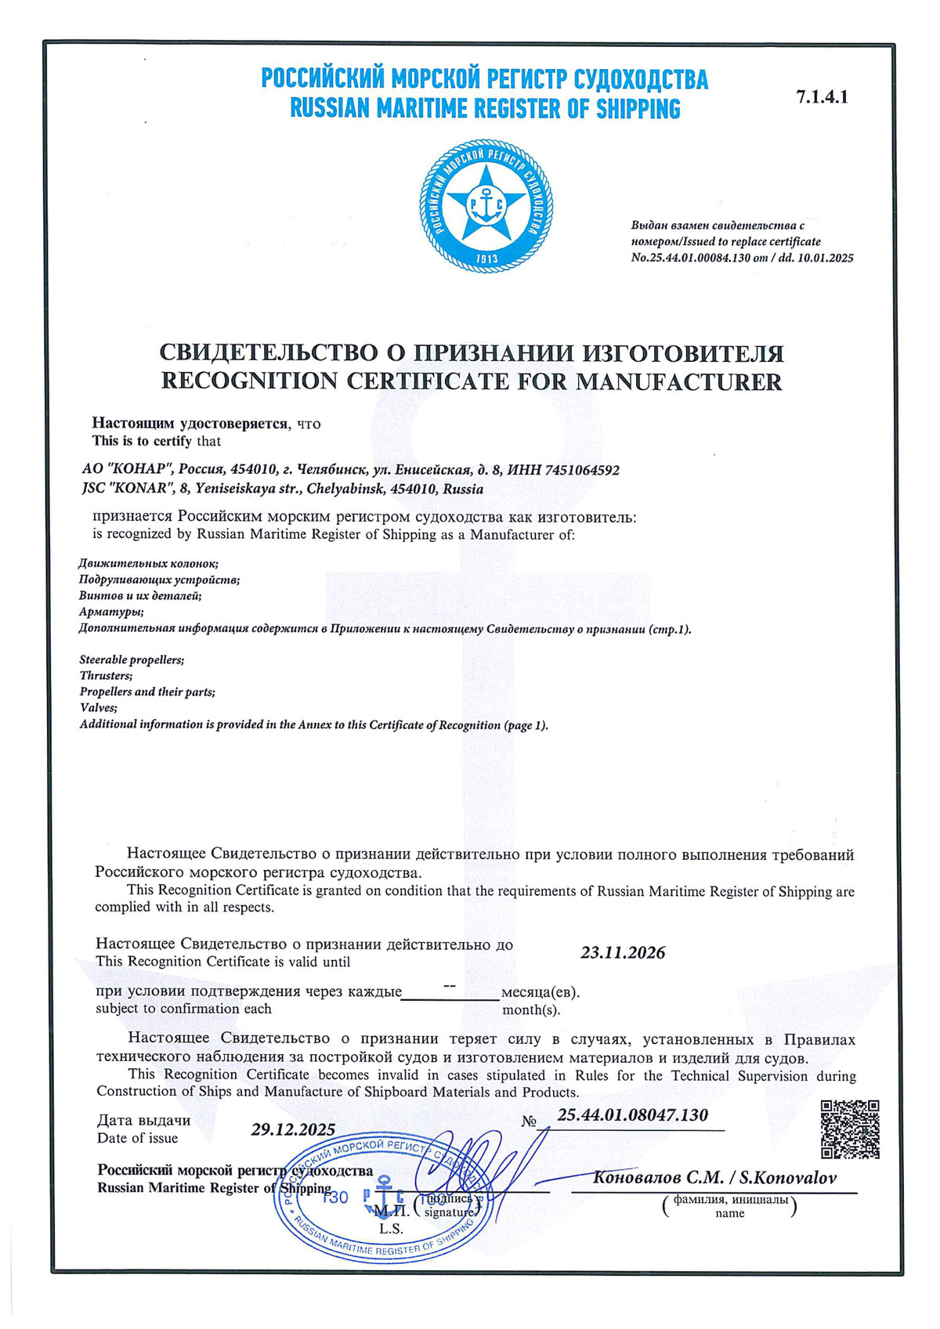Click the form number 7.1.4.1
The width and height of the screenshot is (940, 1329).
(x=822, y=97)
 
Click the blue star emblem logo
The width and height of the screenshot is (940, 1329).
(x=486, y=206)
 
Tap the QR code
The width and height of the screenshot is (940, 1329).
(x=850, y=1129)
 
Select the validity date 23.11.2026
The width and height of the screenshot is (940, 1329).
(x=623, y=953)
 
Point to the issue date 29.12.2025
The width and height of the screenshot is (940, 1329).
(x=293, y=1129)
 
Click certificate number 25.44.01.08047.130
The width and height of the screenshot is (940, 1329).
(x=632, y=1114)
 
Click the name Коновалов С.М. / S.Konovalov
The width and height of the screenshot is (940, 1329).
(x=714, y=1178)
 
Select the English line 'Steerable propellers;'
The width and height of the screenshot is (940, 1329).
(x=132, y=659)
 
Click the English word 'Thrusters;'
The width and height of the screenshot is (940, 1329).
(x=106, y=675)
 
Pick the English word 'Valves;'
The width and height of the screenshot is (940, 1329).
(x=99, y=708)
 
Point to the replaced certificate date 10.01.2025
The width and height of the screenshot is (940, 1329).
(x=826, y=258)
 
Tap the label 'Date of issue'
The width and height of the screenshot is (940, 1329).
(x=137, y=1138)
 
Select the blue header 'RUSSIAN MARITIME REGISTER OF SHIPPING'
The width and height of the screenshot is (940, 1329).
(x=485, y=109)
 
